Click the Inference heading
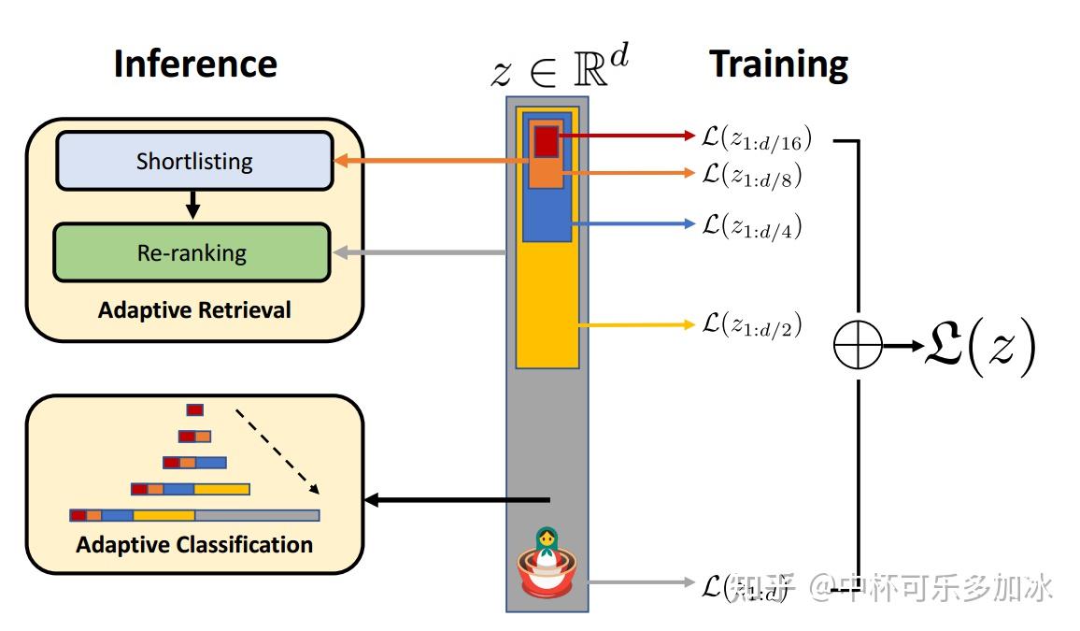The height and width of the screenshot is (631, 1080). [x=195, y=64]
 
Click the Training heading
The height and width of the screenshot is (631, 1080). [x=778, y=64]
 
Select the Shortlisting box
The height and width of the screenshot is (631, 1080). [x=194, y=161]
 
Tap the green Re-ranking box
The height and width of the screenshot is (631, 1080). [x=192, y=252]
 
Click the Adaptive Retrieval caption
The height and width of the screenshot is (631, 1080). [x=194, y=309]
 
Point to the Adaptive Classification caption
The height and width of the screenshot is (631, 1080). [x=194, y=544]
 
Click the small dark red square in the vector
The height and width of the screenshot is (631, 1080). [x=546, y=141]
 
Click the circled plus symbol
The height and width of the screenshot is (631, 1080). [x=858, y=346]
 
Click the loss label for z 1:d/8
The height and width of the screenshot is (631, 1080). [x=751, y=174]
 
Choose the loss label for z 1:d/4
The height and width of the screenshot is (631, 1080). [x=751, y=225]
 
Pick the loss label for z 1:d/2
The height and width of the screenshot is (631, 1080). [x=751, y=325]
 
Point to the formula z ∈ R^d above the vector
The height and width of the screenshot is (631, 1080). [x=561, y=67]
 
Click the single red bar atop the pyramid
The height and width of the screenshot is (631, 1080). [x=194, y=409]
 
